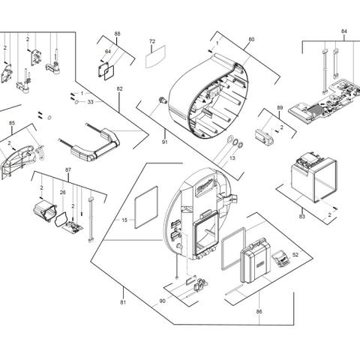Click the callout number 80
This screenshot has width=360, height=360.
point(251,38)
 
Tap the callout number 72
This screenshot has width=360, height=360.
point(151,41)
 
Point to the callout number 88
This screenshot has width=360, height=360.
point(117,34)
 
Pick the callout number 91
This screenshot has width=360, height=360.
point(164,139)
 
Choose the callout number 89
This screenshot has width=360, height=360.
point(279,108)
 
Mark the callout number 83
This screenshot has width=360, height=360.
point(302,217)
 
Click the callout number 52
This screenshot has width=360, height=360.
point(295,255)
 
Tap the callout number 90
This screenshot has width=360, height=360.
point(163,301)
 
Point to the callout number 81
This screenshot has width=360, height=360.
point(123,301)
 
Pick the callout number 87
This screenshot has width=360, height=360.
point(68,171)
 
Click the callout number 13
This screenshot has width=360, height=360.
point(232,158)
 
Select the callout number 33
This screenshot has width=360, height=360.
point(90,100)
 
